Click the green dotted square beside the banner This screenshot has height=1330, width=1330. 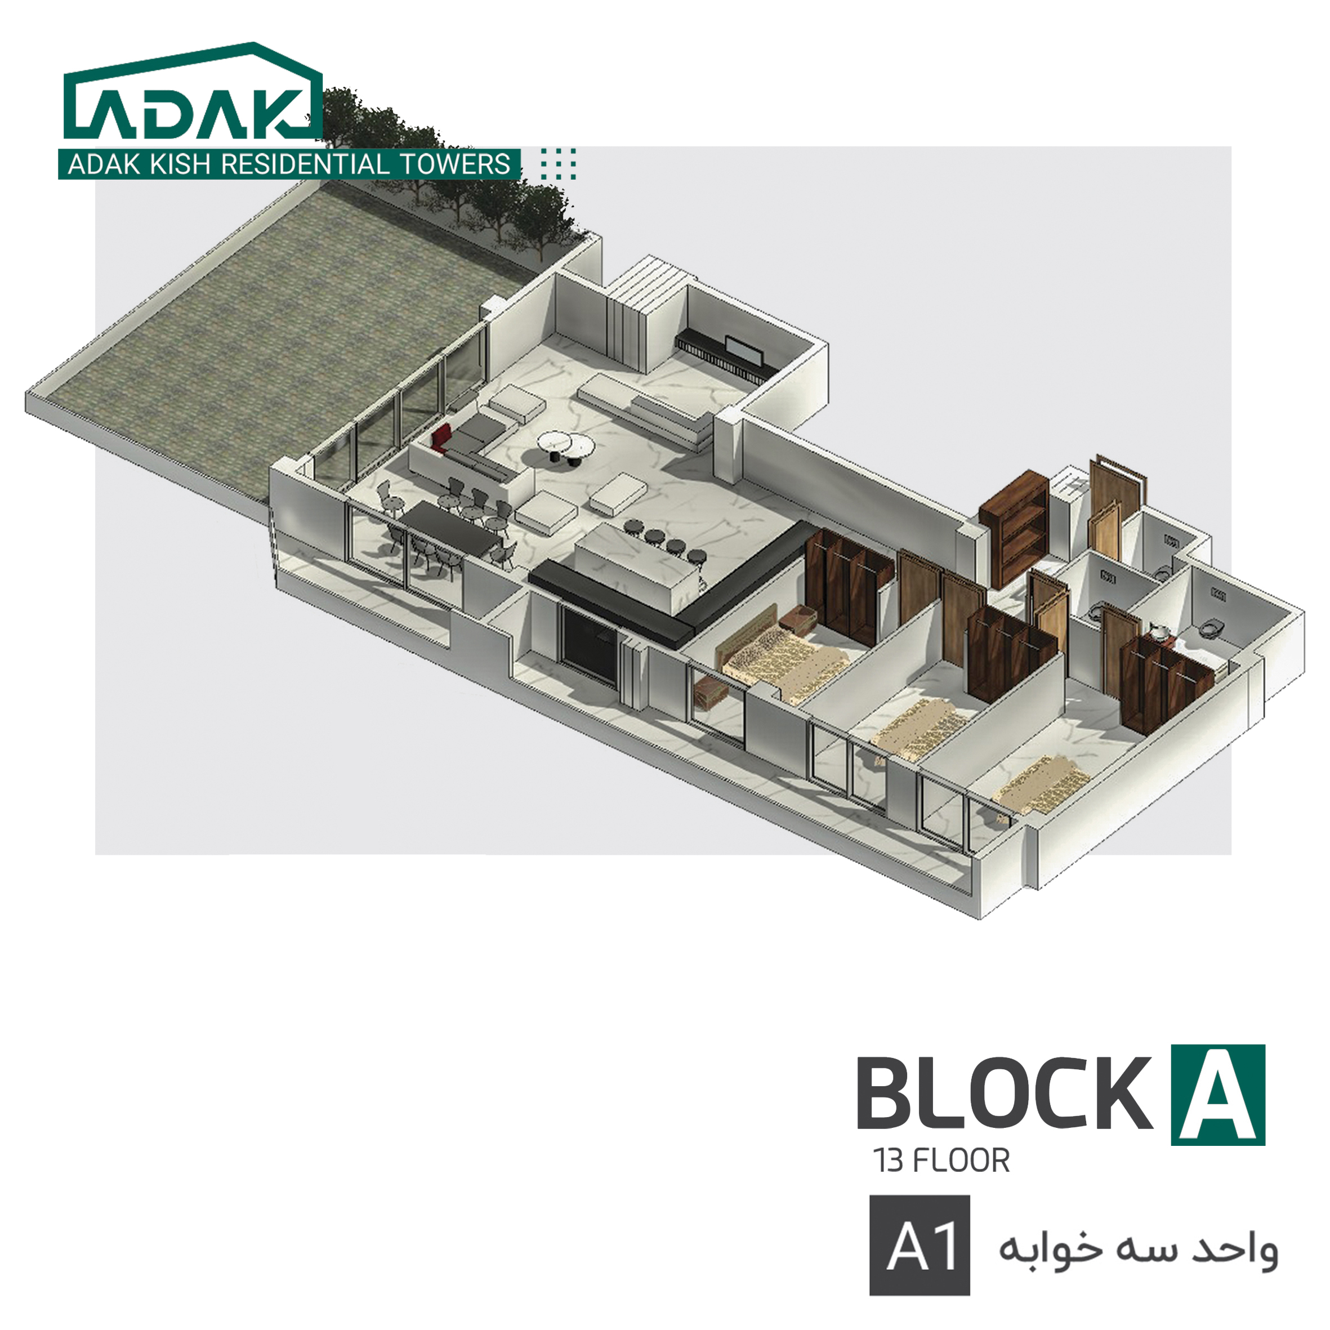click(x=559, y=164)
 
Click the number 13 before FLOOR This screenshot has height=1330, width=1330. click(x=889, y=1161)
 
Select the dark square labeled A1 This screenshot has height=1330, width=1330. click(x=919, y=1244)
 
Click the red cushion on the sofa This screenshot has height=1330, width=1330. click(x=442, y=436)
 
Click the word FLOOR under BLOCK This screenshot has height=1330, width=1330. click(x=961, y=1161)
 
